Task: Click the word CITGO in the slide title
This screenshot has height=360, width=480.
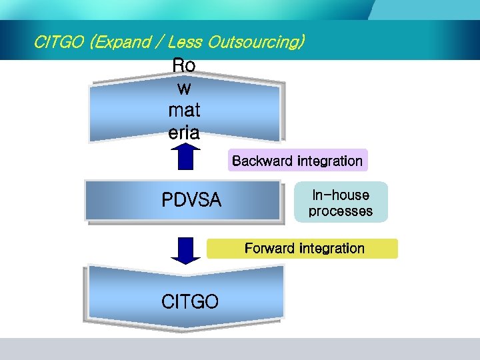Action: pos(59,43)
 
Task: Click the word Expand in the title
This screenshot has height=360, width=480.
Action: pos(123,43)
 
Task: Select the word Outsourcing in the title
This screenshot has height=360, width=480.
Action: pos(256,43)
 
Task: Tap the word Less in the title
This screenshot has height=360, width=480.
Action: pos(186,43)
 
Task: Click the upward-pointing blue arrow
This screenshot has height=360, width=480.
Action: pos(186,157)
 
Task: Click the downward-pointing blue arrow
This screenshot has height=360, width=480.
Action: pos(186,251)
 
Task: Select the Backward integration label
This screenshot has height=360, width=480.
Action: pos(297,161)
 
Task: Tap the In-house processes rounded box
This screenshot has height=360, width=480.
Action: pos(340,203)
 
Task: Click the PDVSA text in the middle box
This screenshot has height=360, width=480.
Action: pos(191,200)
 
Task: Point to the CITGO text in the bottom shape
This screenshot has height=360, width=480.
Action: pos(190,302)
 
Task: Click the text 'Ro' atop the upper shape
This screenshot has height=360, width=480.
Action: pos(184,66)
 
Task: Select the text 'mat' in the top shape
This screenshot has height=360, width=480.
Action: pos(185,111)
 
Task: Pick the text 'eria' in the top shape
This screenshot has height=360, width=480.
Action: pos(184,133)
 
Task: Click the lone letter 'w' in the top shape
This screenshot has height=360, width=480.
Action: pos(184,89)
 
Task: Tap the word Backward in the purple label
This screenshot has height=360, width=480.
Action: pos(263,161)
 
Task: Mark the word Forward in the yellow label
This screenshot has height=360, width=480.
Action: pos(271,249)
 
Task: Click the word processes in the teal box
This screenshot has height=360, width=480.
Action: pos(340,211)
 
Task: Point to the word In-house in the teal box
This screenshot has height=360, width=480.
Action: pos(340,195)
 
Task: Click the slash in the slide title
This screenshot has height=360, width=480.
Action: pos(159,43)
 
